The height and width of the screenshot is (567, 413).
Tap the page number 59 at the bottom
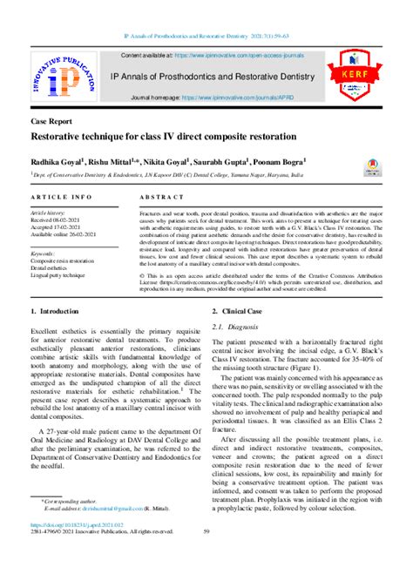[x=206, y=532]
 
